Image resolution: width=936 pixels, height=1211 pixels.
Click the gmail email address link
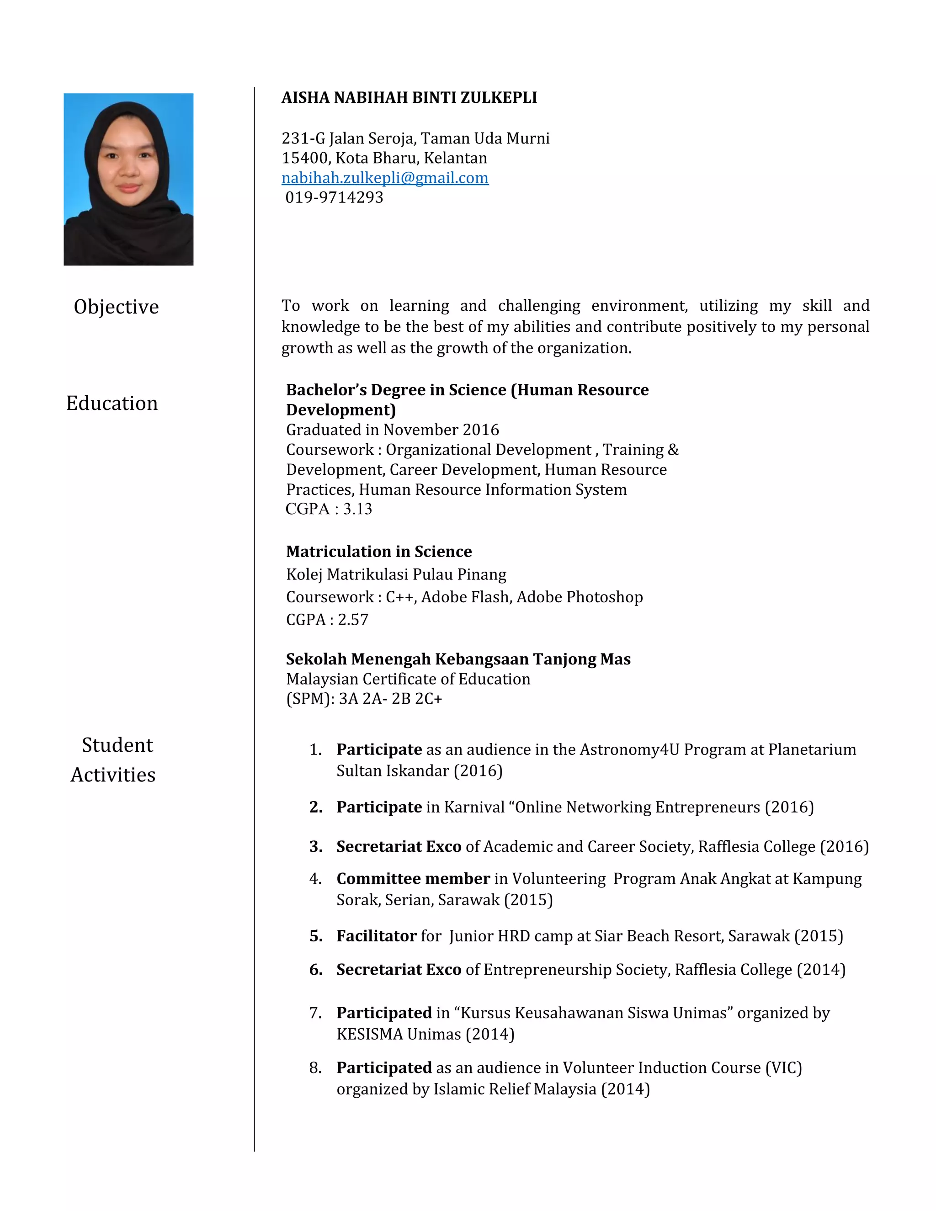(385, 178)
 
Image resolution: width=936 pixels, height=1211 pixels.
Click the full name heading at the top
(409, 98)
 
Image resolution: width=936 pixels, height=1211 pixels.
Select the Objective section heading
(117, 307)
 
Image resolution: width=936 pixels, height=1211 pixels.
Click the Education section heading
(112, 403)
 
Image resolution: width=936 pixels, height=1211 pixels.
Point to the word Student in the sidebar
(117, 745)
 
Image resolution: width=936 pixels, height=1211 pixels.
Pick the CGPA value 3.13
(358, 509)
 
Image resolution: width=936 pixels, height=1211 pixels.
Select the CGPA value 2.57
(353, 619)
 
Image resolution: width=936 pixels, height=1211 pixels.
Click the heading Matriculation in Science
(379, 551)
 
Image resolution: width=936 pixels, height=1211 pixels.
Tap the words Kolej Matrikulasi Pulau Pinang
(396, 574)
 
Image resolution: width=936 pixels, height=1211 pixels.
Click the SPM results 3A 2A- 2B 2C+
(390, 699)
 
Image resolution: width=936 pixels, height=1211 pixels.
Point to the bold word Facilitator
(376, 936)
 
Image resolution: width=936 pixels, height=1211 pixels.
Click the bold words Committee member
(413, 878)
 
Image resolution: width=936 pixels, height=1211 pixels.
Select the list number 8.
(315, 1068)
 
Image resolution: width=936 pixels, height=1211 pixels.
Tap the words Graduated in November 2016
(392, 430)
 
